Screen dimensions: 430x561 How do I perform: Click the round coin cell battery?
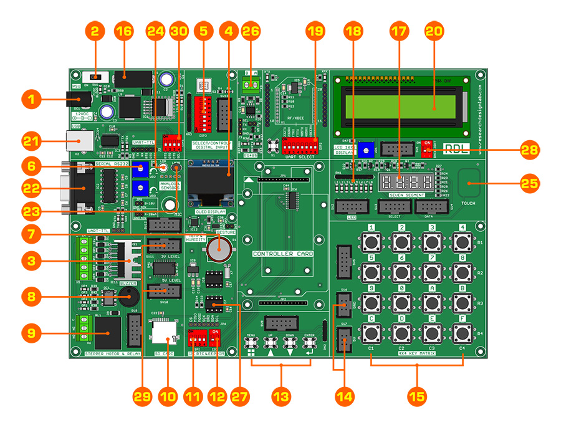click(x=219, y=251)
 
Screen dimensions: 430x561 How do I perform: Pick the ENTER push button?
click(x=309, y=344)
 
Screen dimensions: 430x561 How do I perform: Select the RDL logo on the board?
click(x=456, y=148)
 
